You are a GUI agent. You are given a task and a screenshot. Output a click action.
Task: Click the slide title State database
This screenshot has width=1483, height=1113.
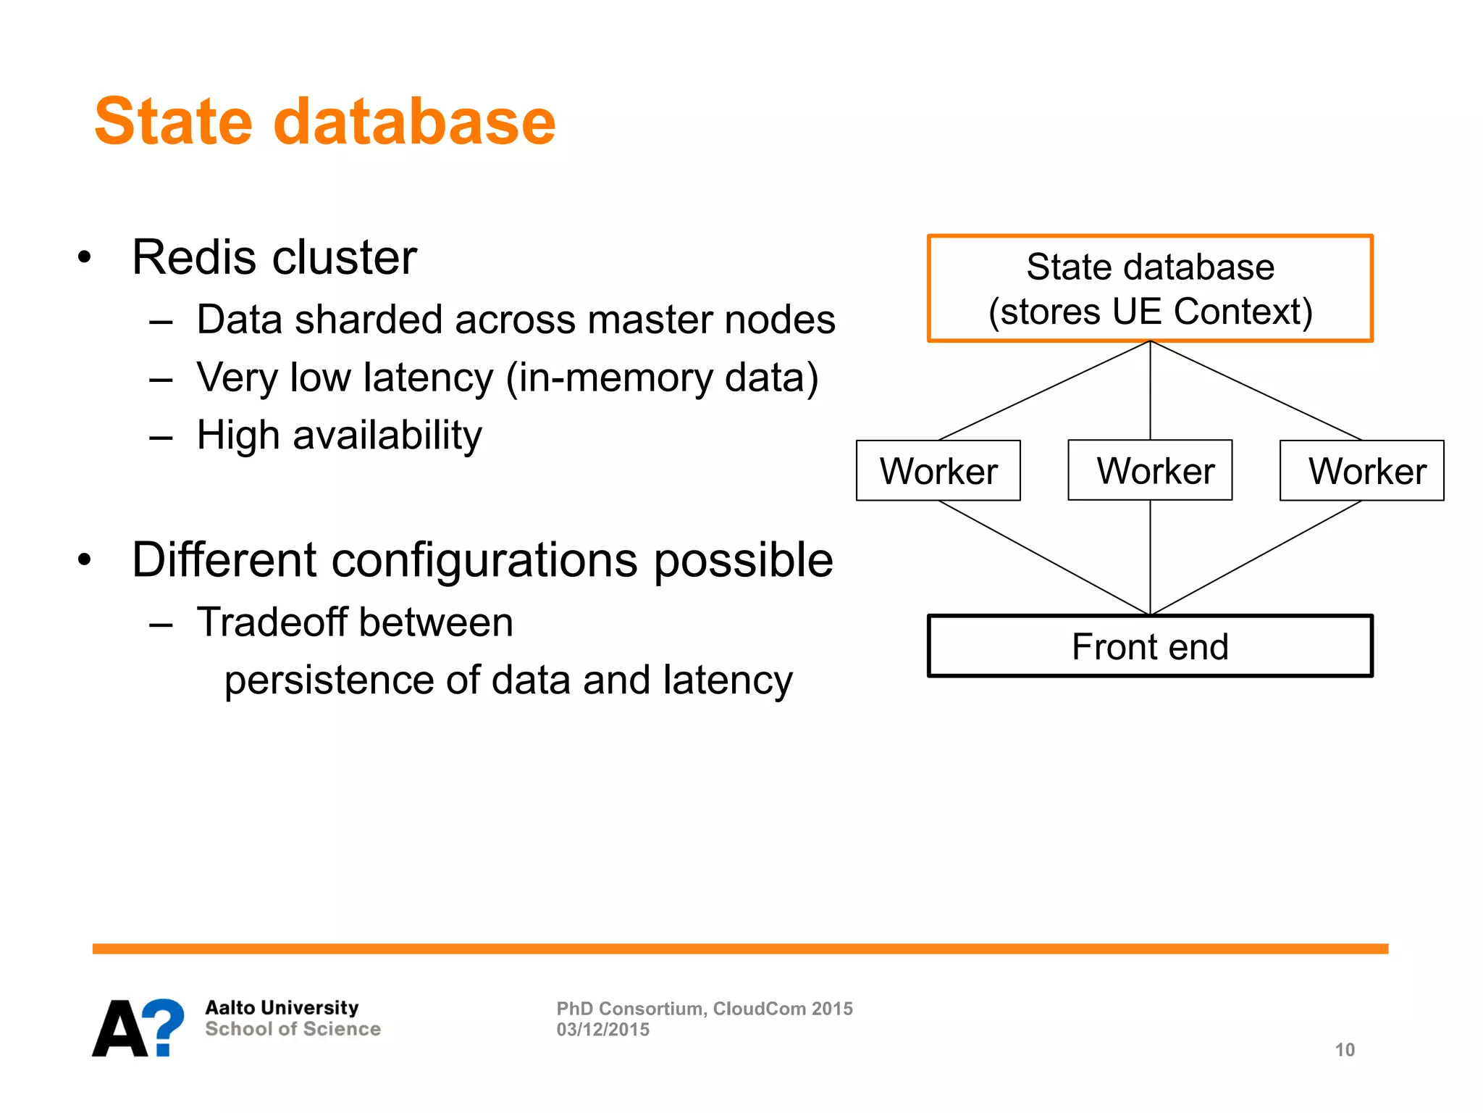(324, 122)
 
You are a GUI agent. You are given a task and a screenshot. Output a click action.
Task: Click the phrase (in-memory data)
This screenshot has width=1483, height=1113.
(662, 378)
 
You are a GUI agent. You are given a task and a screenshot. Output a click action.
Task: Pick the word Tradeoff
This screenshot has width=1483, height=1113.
(277, 622)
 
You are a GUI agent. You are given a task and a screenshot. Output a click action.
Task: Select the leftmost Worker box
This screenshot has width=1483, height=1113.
(938, 471)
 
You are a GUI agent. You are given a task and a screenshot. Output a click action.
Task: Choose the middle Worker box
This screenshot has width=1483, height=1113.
(1150, 471)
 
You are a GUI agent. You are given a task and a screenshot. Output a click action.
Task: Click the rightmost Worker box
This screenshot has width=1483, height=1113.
(1361, 471)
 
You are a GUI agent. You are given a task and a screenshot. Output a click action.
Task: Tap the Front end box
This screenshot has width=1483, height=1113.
(1150, 646)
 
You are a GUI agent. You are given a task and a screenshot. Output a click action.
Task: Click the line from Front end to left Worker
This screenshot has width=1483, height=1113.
(1044, 558)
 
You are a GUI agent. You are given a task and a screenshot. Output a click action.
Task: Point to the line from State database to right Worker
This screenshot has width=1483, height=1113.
(1256, 391)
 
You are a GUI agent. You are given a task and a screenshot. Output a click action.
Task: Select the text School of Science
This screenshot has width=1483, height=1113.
(293, 1029)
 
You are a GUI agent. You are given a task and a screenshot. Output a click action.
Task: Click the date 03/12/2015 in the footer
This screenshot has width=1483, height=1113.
(602, 1030)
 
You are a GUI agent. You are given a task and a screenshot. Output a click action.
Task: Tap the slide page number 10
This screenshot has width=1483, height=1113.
(1345, 1050)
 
